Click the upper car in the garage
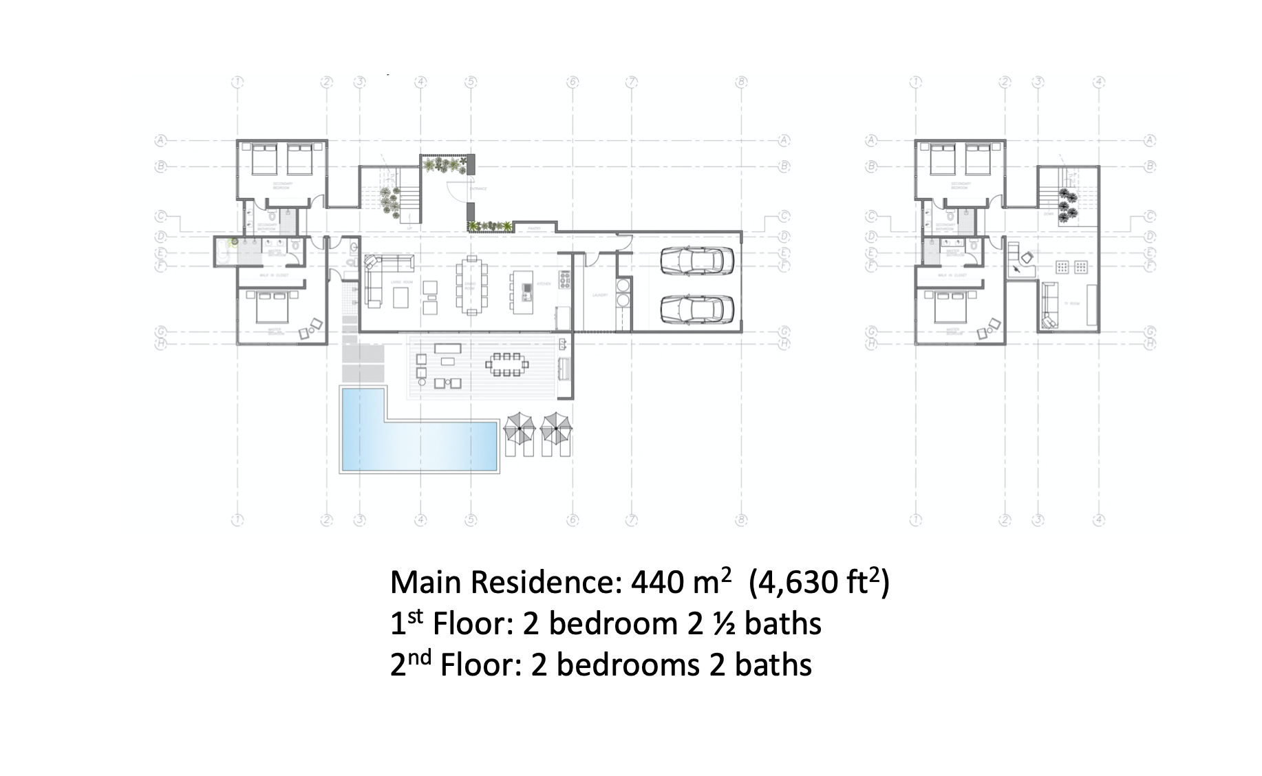[x=696, y=261]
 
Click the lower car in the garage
[x=696, y=309]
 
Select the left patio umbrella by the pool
[x=520, y=429]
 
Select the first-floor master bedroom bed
[x=275, y=308]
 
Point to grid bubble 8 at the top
[x=742, y=82]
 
